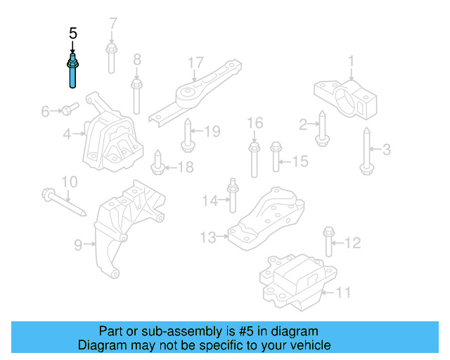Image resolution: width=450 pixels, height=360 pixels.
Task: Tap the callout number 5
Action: tap(73, 33)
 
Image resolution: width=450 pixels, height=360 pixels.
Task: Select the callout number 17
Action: tap(195, 64)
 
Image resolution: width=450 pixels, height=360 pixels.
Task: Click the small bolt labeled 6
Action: tap(67, 109)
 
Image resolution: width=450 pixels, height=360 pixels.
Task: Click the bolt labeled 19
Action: tap(188, 136)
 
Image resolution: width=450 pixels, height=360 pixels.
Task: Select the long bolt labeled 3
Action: tap(366, 151)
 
